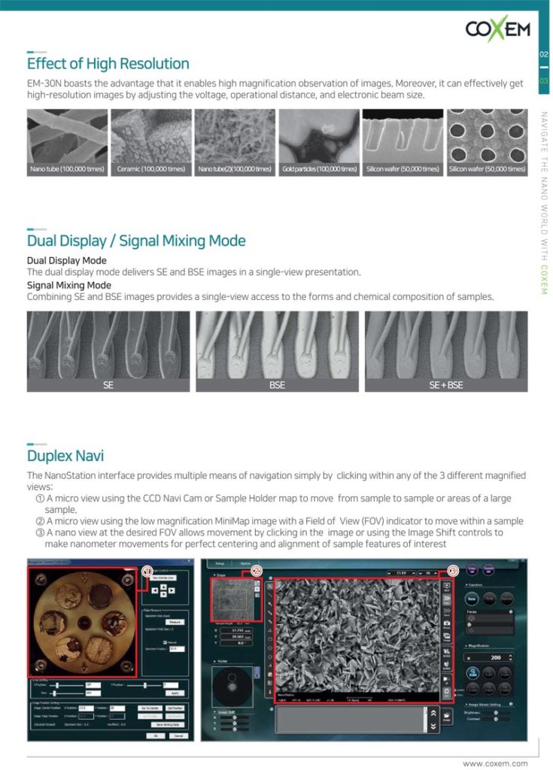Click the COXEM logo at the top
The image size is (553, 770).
tap(497, 30)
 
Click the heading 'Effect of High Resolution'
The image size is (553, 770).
tap(108, 63)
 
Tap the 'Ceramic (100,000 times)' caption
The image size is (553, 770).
tap(151, 169)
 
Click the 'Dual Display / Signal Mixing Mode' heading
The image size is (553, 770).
tap(136, 241)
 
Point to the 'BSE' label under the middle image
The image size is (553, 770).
tap(277, 385)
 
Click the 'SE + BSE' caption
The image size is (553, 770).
tap(445, 385)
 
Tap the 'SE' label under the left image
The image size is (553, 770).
tap(108, 385)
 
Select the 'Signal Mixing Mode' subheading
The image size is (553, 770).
tap(69, 285)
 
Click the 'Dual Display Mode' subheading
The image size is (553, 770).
tap(66, 260)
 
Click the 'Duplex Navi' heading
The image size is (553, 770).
tap(65, 456)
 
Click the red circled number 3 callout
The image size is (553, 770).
tap(453, 571)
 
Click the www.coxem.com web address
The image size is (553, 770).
tap(494, 763)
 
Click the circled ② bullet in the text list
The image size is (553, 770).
tap(40, 521)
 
